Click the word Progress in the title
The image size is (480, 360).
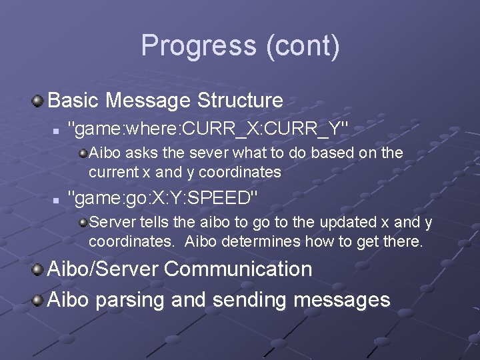click(x=199, y=46)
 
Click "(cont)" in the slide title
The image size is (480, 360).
click(x=302, y=46)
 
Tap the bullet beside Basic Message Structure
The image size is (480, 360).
click(x=38, y=101)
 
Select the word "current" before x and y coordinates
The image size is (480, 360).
click(x=113, y=172)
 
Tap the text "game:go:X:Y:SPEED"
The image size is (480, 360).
click(x=163, y=198)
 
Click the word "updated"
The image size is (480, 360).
click(x=353, y=222)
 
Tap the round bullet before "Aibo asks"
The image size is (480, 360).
click(x=83, y=153)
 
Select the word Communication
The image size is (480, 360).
click(x=238, y=269)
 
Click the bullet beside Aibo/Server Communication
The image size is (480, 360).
click(x=38, y=270)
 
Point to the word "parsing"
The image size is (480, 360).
click(x=130, y=300)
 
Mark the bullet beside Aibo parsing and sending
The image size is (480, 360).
click(x=38, y=301)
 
